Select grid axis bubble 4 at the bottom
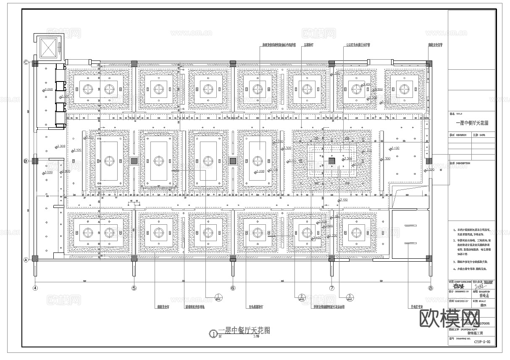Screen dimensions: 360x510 coord(35,288)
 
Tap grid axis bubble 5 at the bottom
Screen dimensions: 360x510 coord(134,288)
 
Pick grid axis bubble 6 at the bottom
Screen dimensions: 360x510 coord(233,288)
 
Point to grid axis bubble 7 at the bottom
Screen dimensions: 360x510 coord(331,288)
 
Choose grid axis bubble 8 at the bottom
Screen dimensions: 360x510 coord(430,288)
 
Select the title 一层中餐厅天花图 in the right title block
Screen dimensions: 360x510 coord(472,123)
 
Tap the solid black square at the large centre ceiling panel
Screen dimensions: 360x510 coord(331,161)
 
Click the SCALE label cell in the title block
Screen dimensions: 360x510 coord(482,302)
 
